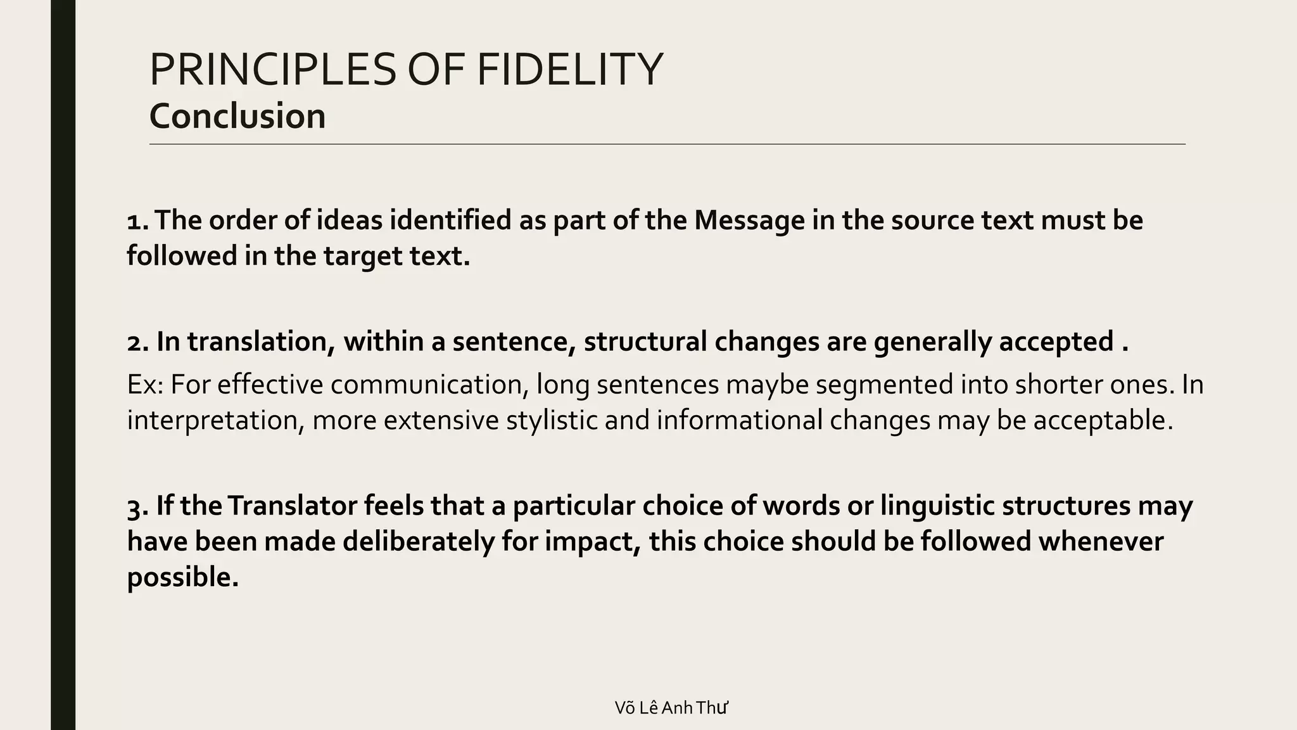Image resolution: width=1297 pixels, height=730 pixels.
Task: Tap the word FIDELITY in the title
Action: click(x=569, y=70)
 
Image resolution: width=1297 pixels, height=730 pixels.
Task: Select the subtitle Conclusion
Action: click(x=237, y=117)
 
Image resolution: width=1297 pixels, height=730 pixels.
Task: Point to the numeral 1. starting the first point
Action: click(x=137, y=221)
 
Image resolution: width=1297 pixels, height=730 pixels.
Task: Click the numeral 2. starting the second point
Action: click(x=138, y=342)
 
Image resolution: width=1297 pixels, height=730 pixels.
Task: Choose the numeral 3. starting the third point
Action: click(x=138, y=507)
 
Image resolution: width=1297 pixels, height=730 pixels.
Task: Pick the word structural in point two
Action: click(x=645, y=342)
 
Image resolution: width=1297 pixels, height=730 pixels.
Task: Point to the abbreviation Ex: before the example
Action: click(x=145, y=385)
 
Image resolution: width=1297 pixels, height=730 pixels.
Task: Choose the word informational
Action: click(x=739, y=421)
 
